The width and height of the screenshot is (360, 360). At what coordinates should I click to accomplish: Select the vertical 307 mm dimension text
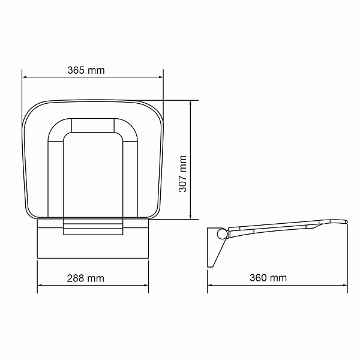pyautogui.click(x=183, y=175)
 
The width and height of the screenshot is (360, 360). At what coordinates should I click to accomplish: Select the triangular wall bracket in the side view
pyautogui.click(x=213, y=247)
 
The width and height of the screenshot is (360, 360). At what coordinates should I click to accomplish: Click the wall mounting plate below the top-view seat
pyautogui.click(x=93, y=243)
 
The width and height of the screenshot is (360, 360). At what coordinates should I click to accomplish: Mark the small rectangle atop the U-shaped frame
pyautogui.click(x=92, y=125)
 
